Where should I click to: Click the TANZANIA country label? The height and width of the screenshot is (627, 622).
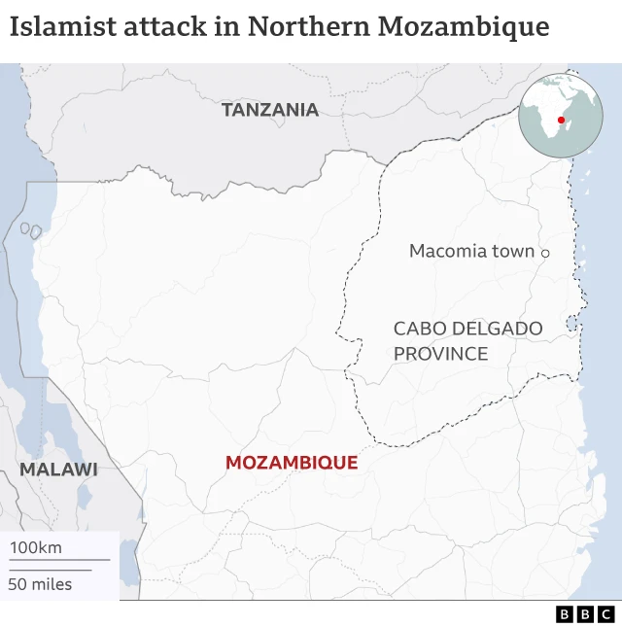click(270, 110)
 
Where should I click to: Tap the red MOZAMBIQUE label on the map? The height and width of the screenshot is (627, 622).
click(292, 463)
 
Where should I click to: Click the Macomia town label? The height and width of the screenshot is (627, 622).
click(471, 251)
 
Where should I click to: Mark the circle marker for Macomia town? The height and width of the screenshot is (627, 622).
click(545, 253)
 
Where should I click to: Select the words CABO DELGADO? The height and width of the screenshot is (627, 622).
click(467, 330)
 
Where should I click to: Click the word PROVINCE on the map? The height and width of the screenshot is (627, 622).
click(440, 354)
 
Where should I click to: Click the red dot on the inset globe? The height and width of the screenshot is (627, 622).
click(561, 120)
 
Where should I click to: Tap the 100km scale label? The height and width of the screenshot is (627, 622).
click(36, 547)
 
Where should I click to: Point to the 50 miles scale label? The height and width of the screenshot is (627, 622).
click(40, 584)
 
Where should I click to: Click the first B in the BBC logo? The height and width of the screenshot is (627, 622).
click(565, 614)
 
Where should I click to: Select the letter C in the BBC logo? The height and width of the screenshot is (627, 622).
click(605, 614)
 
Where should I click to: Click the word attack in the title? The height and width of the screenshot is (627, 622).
click(166, 26)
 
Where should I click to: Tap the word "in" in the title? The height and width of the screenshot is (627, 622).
click(225, 26)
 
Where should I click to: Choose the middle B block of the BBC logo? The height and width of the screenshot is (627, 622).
click(585, 614)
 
